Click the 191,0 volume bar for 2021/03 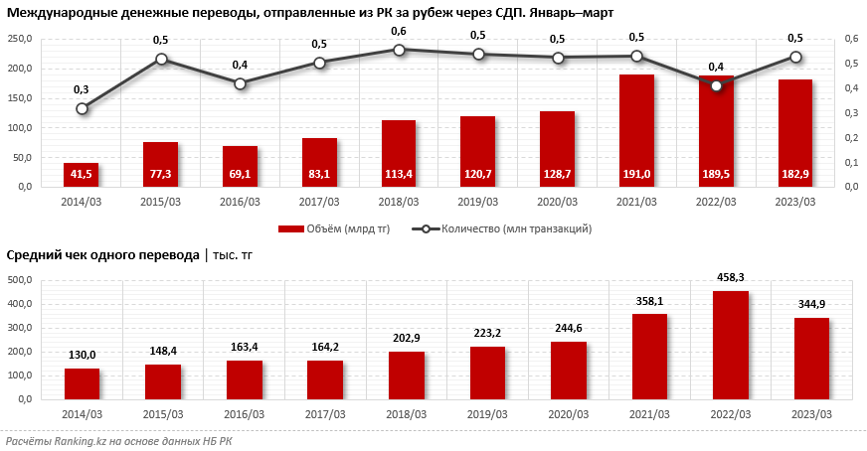(636, 130)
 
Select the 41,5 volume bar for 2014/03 (81, 175)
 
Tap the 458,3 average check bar (730, 345)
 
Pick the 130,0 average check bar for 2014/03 (82, 383)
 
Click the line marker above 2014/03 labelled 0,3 (82, 108)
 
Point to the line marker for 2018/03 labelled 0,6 (399, 49)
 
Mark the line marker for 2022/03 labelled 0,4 (716, 85)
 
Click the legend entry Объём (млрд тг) (334, 228)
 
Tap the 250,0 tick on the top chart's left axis (21, 39)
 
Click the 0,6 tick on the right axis (851, 39)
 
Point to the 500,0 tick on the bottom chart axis (21, 280)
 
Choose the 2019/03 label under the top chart (477, 201)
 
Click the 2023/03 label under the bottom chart (811, 412)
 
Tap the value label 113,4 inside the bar (399, 175)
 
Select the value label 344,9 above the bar (811, 304)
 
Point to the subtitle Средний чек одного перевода (102, 254)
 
